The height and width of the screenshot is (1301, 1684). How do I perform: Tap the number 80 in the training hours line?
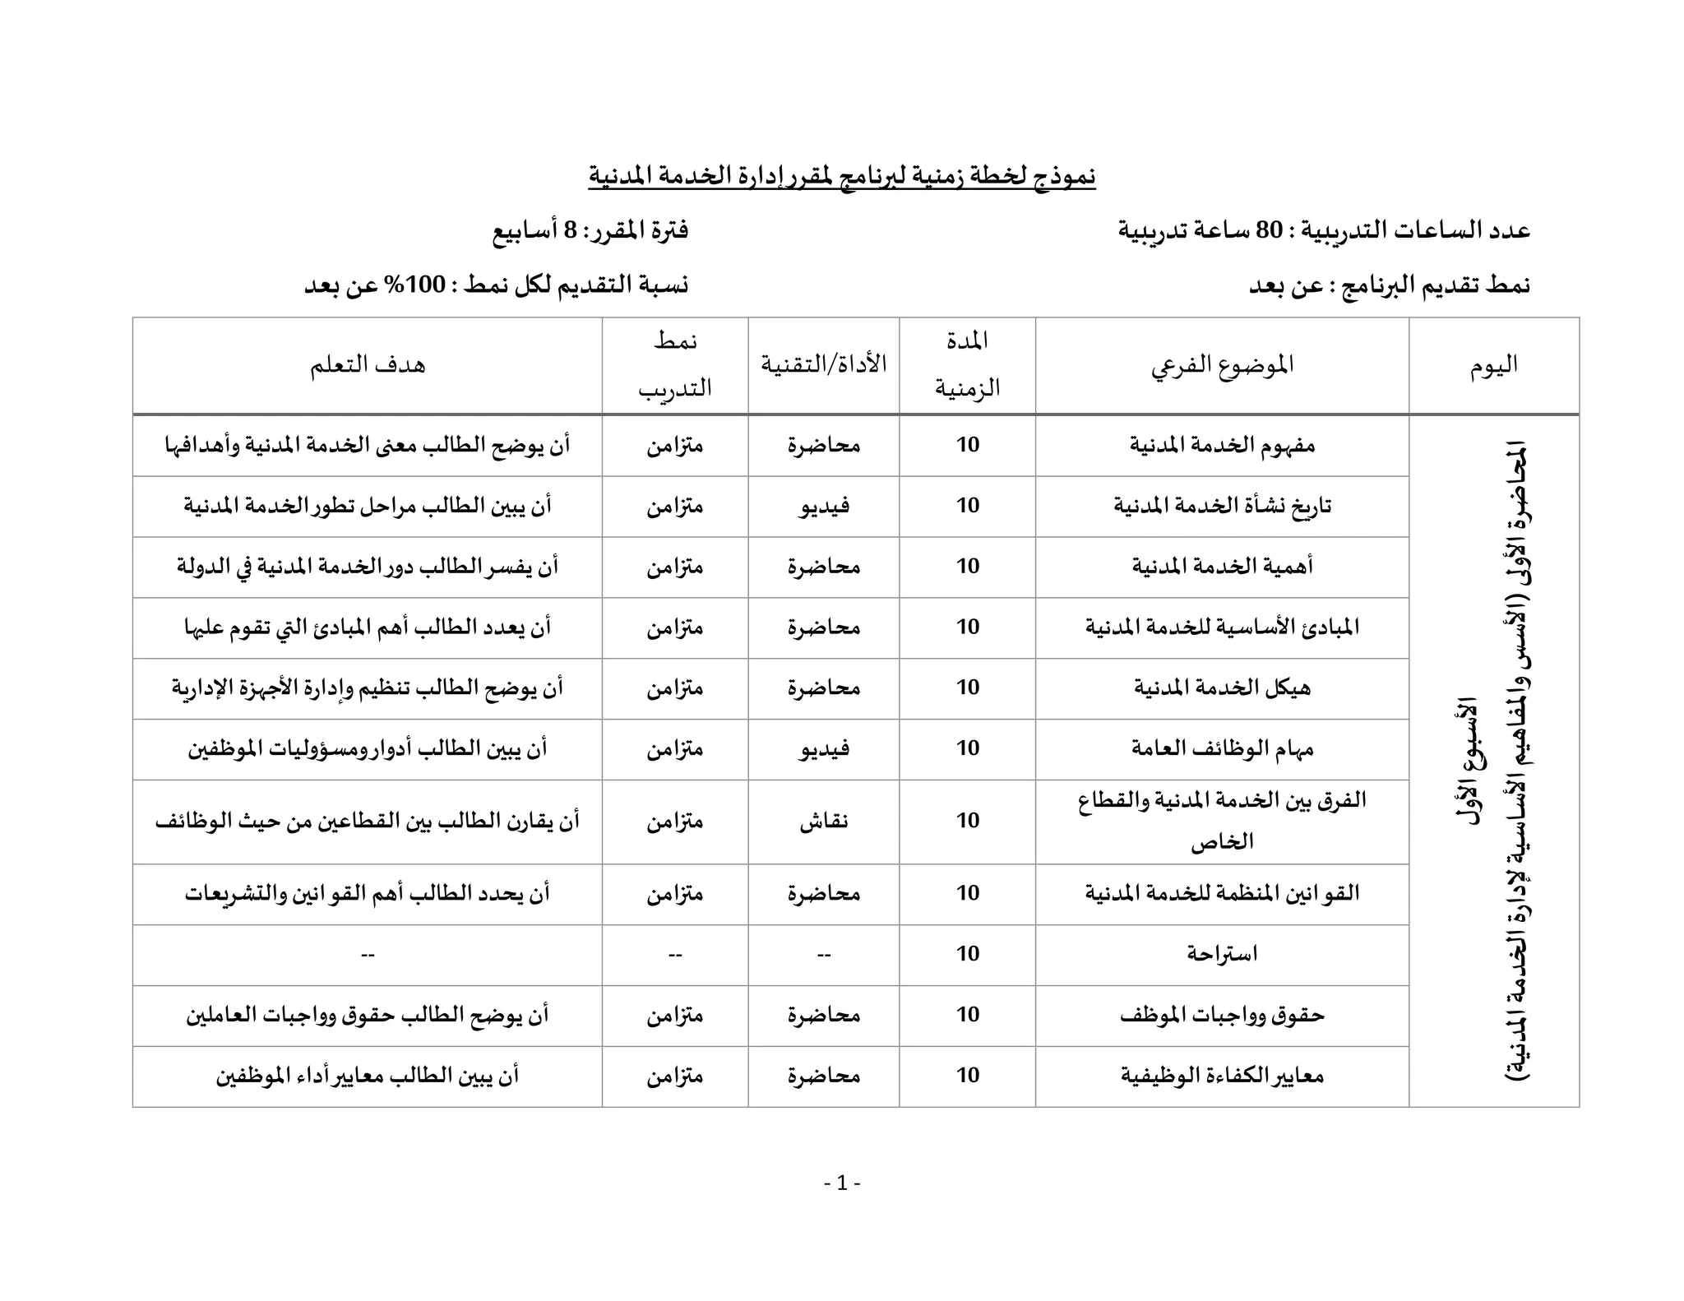[x=1269, y=230]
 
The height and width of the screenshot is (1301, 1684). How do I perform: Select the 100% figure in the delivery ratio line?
[x=425, y=285]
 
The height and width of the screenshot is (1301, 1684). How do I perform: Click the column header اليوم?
[x=1493, y=365]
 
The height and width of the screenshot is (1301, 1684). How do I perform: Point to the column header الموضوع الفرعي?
[x=1222, y=365]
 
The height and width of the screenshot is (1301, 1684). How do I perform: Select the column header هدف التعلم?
[x=368, y=365]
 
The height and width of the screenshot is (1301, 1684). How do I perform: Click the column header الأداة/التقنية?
[x=823, y=365]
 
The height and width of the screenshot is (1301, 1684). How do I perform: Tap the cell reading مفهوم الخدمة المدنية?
[x=1222, y=446]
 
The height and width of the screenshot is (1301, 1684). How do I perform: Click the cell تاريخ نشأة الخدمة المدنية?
[x=1222, y=506]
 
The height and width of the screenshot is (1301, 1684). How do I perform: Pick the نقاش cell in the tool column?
[x=823, y=822]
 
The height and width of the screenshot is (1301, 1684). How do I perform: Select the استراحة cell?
[x=1222, y=954]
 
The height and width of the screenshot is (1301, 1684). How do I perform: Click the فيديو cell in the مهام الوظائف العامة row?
[x=823, y=749]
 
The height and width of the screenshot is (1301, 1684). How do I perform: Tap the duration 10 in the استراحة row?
[x=967, y=954]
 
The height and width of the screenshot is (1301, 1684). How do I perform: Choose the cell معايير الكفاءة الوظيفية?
[x=1222, y=1076]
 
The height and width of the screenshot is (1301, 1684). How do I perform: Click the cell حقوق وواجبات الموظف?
[x=1222, y=1015]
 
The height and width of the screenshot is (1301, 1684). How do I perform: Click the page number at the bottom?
[x=842, y=1183]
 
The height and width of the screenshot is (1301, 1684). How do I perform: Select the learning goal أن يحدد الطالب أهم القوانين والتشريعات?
[x=368, y=894]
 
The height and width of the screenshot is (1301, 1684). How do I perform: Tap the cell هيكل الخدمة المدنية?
[x=1222, y=688]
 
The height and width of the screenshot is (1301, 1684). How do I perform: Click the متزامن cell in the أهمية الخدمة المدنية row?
[x=674, y=567]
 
